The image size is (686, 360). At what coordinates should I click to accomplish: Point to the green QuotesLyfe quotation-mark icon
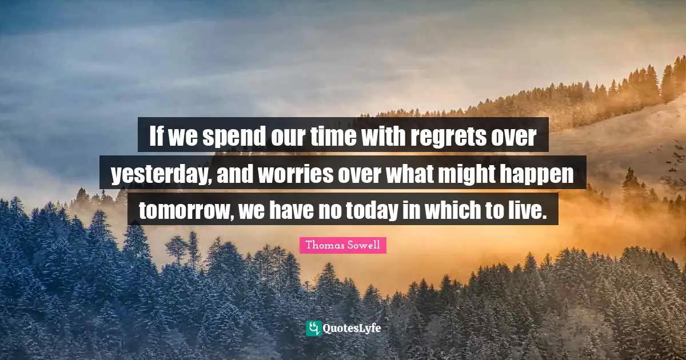point(313,328)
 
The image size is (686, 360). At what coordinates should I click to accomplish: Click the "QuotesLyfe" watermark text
point(352,329)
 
